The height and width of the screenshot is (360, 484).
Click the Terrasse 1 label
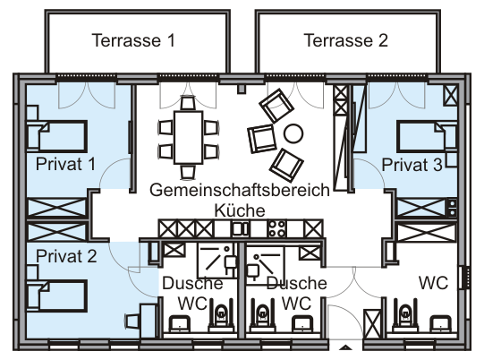pyautogui.click(x=133, y=40)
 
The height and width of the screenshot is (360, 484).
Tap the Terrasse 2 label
pyautogui.click(x=345, y=40)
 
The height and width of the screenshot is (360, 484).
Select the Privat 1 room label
pyautogui.click(x=65, y=164)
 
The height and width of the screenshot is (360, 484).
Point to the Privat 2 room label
pyautogui.click(x=66, y=256)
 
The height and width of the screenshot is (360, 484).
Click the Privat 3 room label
pyautogui.click(x=412, y=165)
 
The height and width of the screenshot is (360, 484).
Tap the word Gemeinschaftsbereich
pyautogui.click(x=240, y=191)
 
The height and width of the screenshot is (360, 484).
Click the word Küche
pyautogui.click(x=240, y=210)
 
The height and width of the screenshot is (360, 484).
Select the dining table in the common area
pyautogui.click(x=188, y=137)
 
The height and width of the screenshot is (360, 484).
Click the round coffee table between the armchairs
pyautogui.click(x=293, y=133)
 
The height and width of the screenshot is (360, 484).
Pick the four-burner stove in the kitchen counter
pyautogui.click(x=276, y=228)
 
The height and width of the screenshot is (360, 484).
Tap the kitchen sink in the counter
pyautogui.click(x=241, y=229)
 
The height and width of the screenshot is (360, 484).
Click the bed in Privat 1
pyautogui.click(x=56, y=137)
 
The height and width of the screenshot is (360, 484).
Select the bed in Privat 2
pyautogui.click(x=56, y=296)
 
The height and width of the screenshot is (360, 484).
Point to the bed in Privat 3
pyautogui.click(x=427, y=137)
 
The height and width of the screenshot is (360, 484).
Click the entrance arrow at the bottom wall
pyautogui.click(x=345, y=347)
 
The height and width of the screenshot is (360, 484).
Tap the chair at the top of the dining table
pyautogui.click(x=188, y=103)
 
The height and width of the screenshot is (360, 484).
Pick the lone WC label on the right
pyautogui.click(x=433, y=282)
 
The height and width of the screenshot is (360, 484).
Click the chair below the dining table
pyautogui.click(x=188, y=172)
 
